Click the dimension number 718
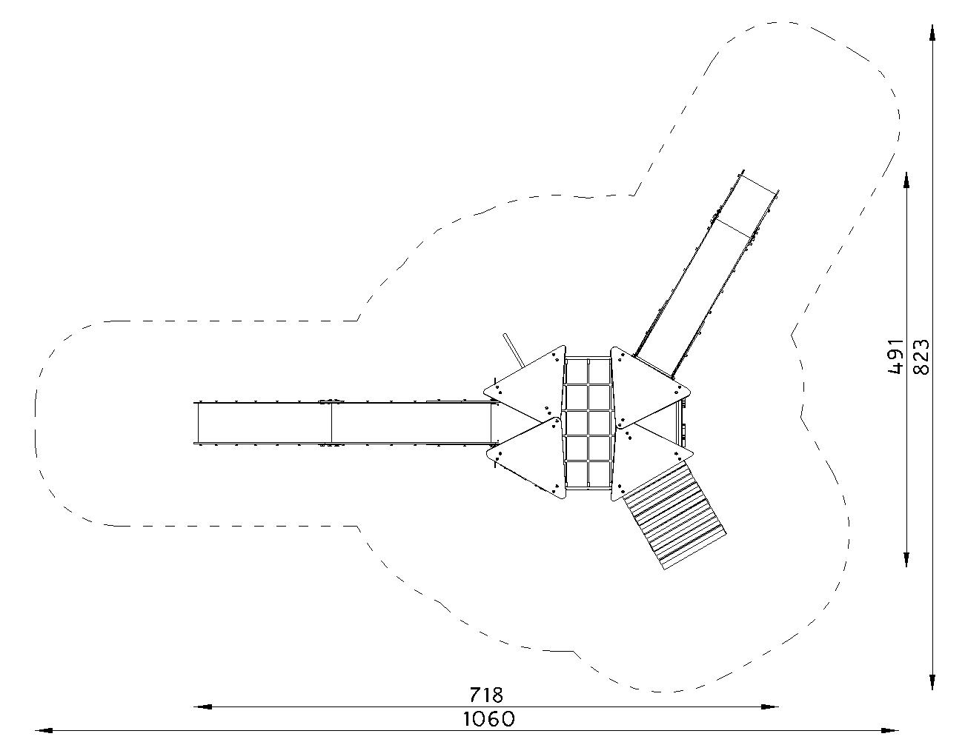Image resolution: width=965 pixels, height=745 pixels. pos(486,695)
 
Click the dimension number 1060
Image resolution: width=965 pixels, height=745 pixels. pos(488,718)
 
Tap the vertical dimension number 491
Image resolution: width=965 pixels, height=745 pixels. pos(896,357)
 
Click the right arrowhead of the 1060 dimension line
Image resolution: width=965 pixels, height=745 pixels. pos(890,730)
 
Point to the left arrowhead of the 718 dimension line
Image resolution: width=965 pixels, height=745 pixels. pos(203,706)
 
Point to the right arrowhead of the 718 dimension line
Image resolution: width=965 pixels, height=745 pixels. pos(769,706)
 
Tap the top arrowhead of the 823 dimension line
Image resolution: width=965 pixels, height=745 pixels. pos(932,34)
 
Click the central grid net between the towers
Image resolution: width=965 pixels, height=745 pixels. pos(588,424)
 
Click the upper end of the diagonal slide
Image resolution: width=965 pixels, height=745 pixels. pos(760,182)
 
